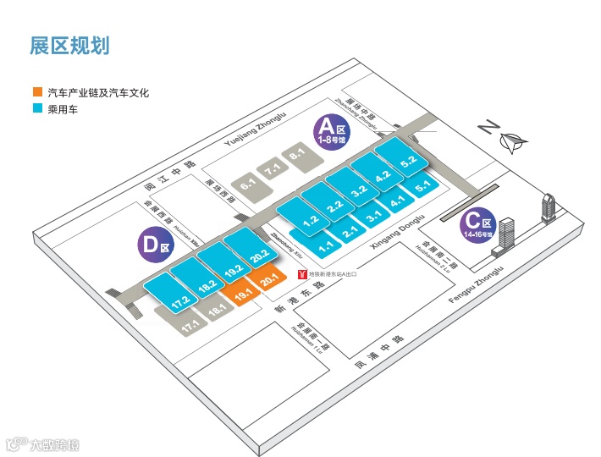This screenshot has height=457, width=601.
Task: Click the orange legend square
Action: [36, 93]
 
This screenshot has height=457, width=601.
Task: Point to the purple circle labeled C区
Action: [477, 223]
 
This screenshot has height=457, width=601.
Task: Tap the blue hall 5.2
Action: [409, 159]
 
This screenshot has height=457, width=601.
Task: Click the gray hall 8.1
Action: [297, 157]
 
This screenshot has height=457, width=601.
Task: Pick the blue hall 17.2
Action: [179, 300]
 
